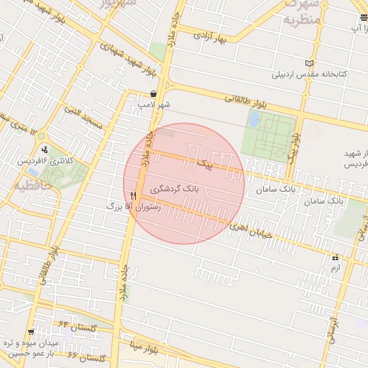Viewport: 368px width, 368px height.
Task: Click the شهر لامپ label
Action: [155, 105]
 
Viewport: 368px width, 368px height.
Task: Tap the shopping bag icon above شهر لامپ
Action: [155, 94]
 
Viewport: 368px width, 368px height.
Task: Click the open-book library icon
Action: [310, 63]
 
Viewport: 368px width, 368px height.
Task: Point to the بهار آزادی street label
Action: [224, 37]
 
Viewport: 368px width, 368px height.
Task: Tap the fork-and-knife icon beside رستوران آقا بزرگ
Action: [134, 195]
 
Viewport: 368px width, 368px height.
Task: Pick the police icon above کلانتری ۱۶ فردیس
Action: [45, 150]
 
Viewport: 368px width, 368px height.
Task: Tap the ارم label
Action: [335, 267]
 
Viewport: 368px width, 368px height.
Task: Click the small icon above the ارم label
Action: [335, 257]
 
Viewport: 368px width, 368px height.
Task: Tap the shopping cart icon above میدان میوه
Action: [30, 332]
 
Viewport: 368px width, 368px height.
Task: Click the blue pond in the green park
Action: [254, 119]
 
